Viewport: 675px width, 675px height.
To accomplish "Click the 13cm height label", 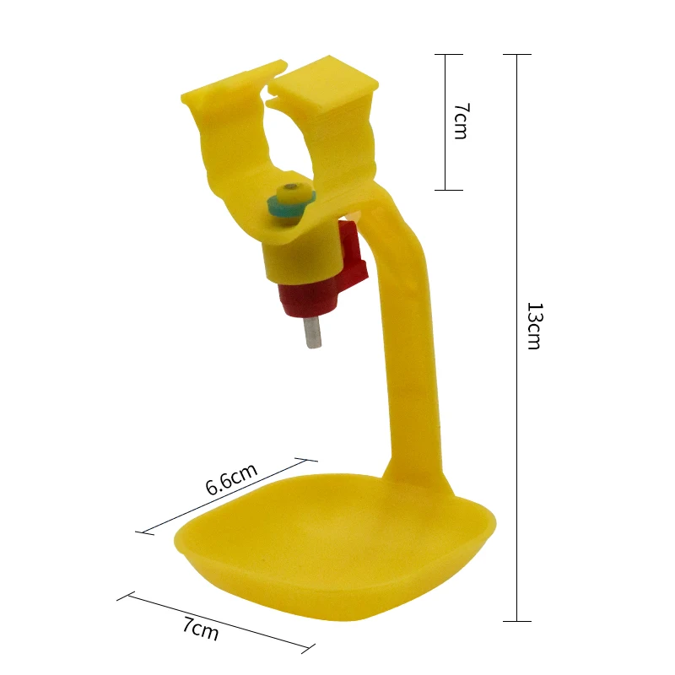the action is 535,326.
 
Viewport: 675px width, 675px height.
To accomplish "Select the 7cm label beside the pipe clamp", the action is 462,121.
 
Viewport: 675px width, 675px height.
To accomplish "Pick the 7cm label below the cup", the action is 201,629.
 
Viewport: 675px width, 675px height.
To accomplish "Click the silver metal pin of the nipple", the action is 313,332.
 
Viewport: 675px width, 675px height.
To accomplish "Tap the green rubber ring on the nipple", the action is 289,205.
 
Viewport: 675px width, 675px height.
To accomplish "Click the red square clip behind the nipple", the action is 353,258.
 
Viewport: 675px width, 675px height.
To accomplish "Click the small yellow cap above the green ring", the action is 291,191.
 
